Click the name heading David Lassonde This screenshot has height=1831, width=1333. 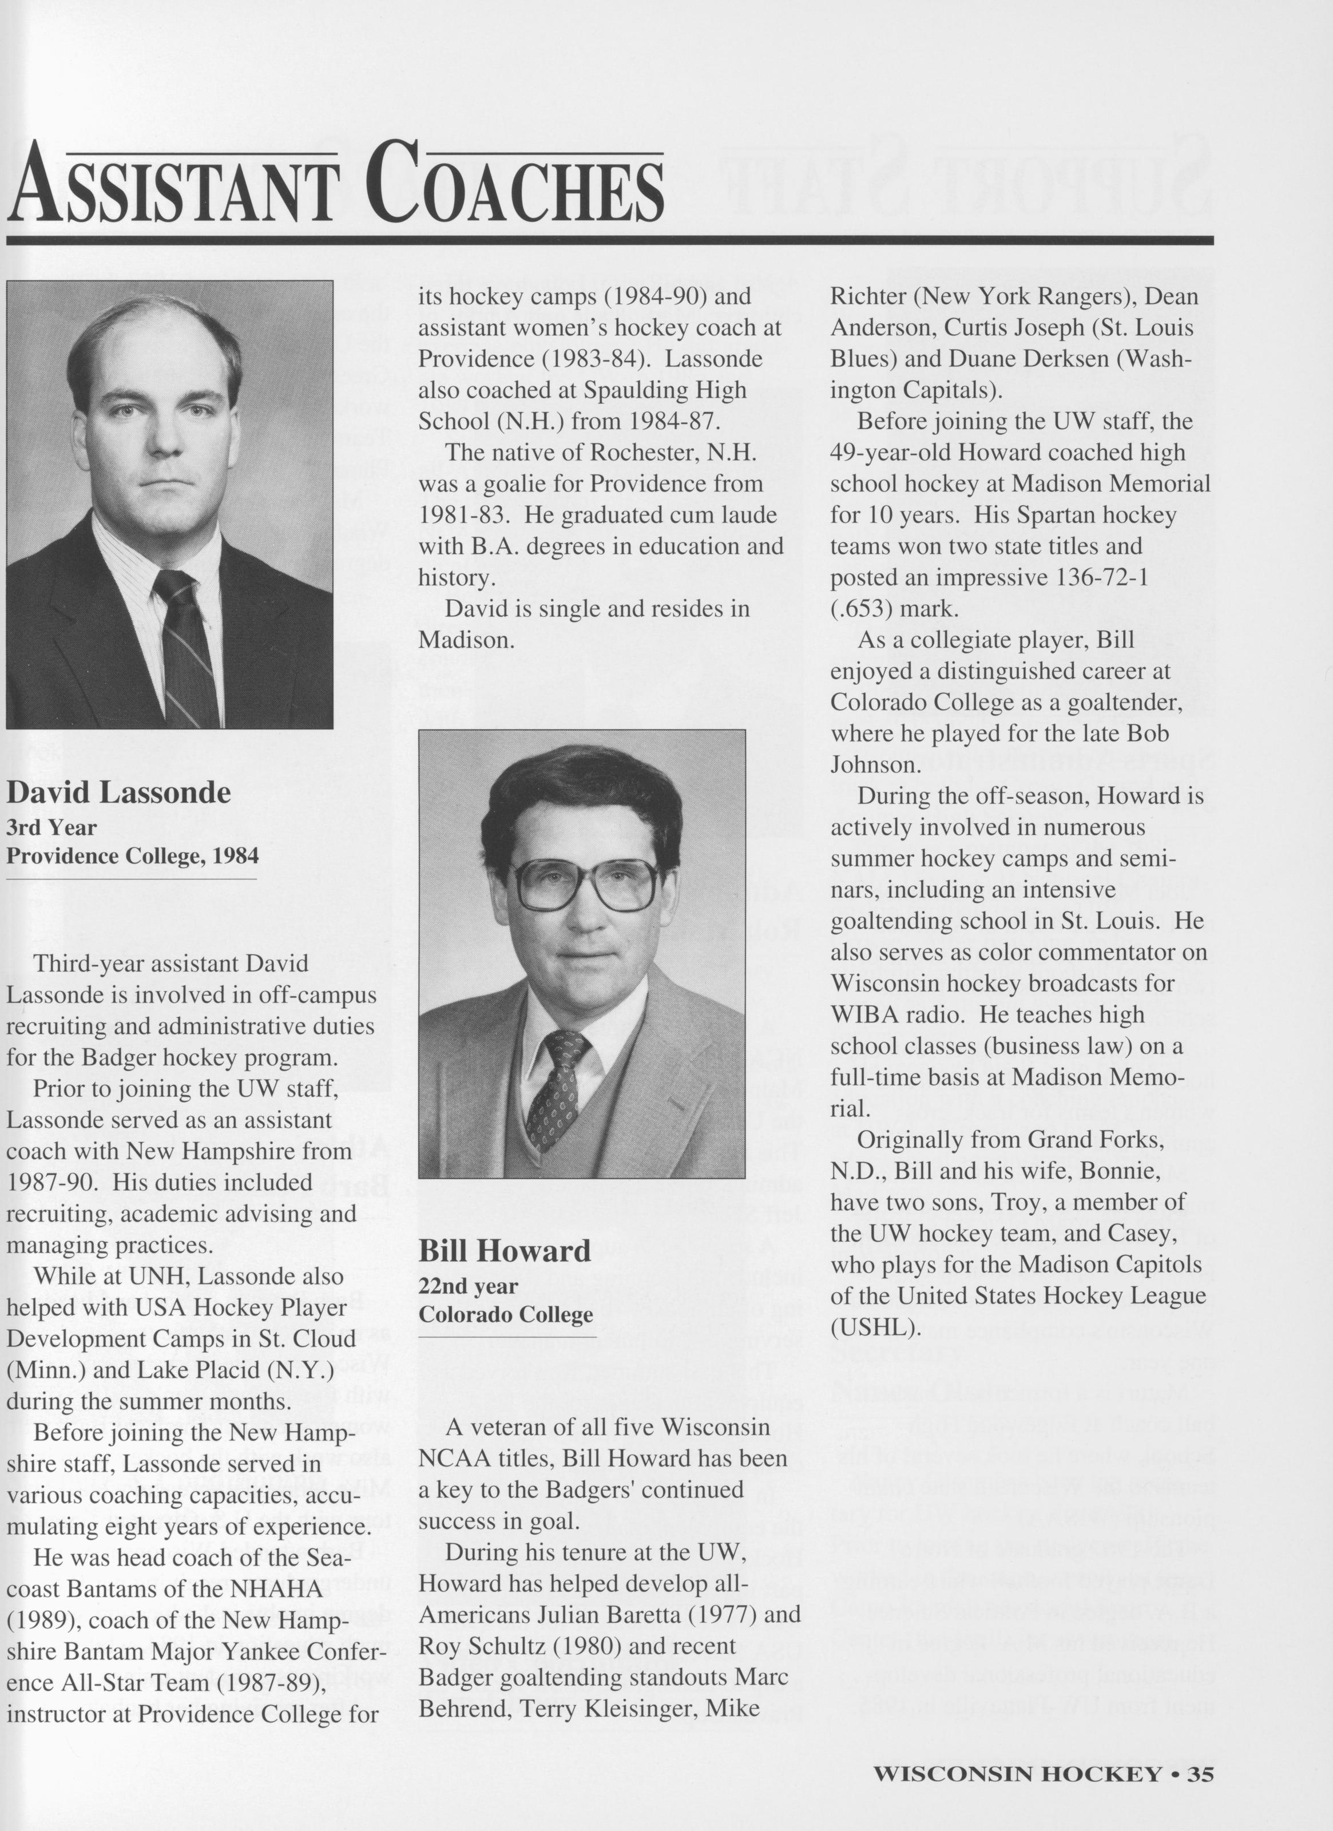[x=118, y=793]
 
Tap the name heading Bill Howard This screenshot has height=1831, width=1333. [x=505, y=1251]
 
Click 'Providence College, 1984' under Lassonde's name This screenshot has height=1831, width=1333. [x=132, y=856]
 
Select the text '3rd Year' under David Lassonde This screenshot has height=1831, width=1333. [x=51, y=827]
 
